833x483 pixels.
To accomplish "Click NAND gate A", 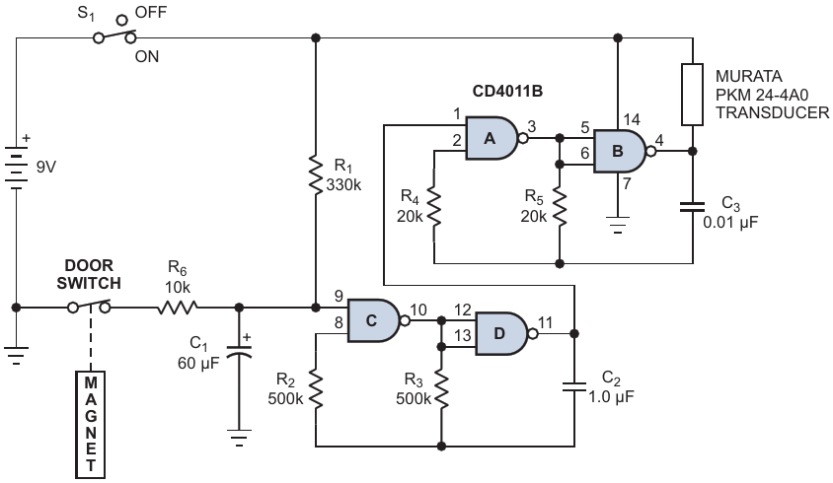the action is pyautogui.click(x=493, y=139).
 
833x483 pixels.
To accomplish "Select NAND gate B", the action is pyautogui.click(x=621, y=151).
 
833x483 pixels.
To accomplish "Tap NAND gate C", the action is pyautogui.click(x=374, y=320).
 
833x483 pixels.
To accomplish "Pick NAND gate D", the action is pyautogui.click(x=502, y=333).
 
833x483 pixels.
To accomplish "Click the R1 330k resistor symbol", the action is pyautogui.click(x=316, y=175).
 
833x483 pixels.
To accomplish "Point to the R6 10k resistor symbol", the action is pyautogui.click(x=178, y=308).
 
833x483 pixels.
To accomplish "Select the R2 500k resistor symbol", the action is pyautogui.click(x=316, y=389).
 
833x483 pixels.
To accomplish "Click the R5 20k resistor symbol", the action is pyautogui.click(x=560, y=207).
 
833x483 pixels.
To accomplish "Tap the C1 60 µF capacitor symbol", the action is pyautogui.click(x=239, y=351).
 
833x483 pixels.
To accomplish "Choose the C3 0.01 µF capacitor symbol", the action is pyautogui.click(x=692, y=207).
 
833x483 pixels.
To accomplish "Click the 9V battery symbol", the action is pyautogui.click(x=17, y=168).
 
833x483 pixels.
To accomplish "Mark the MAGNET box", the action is pyautogui.click(x=91, y=425).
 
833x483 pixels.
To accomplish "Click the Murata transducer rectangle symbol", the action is pyautogui.click(x=692, y=95).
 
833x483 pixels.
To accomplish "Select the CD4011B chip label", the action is pyautogui.click(x=507, y=92).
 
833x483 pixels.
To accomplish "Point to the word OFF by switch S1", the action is pyautogui.click(x=151, y=12).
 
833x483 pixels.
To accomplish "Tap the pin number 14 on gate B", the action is pyautogui.click(x=632, y=119).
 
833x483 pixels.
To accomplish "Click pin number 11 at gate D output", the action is pyautogui.click(x=545, y=322).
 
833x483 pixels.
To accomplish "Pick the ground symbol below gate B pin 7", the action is pyautogui.click(x=617, y=225).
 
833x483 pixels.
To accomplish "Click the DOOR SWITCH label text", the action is pyautogui.click(x=89, y=274).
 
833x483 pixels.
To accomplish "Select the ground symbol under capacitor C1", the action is pyautogui.click(x=239, y=438).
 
